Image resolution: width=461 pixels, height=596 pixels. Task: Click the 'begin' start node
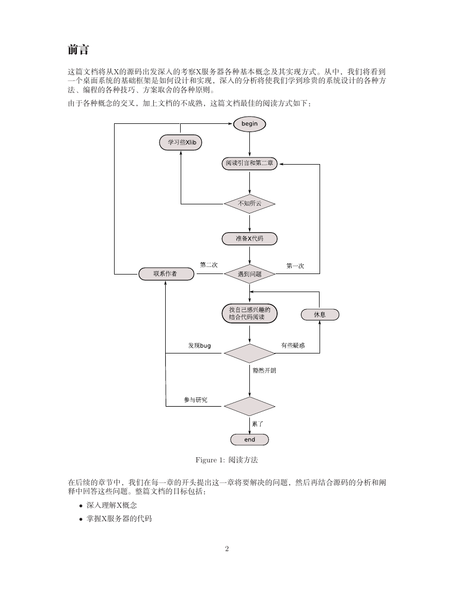tap(249, 124)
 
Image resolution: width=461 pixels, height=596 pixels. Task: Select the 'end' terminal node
tap(249, 440)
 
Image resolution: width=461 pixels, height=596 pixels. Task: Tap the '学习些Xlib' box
tap(181, 142)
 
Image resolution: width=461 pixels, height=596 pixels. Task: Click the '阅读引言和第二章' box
tap(249, 164)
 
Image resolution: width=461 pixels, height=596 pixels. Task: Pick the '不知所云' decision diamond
tap(249, 204)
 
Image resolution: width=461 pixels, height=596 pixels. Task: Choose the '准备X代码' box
tap(249, 239)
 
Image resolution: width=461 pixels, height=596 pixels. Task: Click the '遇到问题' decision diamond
tap(249, 274)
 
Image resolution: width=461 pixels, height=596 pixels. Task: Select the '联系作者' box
tap(166, 273)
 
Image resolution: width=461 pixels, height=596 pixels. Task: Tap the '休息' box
tap(320, 315)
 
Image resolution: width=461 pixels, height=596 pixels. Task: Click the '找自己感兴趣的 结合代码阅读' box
tap(249, 314)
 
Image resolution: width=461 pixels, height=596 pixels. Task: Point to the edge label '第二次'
tap(209, 265)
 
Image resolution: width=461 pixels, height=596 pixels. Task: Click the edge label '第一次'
tap(295, 266)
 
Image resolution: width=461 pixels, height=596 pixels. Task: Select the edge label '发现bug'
tap(199, 346)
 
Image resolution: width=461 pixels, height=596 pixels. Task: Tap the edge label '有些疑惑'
tap(293, 346)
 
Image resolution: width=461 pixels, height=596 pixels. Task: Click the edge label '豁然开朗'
tap(264, 371)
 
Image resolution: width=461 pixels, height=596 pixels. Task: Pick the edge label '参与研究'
tap(196, 400)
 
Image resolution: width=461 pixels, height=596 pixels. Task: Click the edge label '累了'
tap(258, 424)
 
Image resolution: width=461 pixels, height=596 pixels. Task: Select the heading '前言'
tap(78, 50)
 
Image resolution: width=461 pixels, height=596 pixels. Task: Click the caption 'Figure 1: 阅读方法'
tap(227, 460)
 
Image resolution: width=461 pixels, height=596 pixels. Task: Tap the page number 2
tap(227, 549)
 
